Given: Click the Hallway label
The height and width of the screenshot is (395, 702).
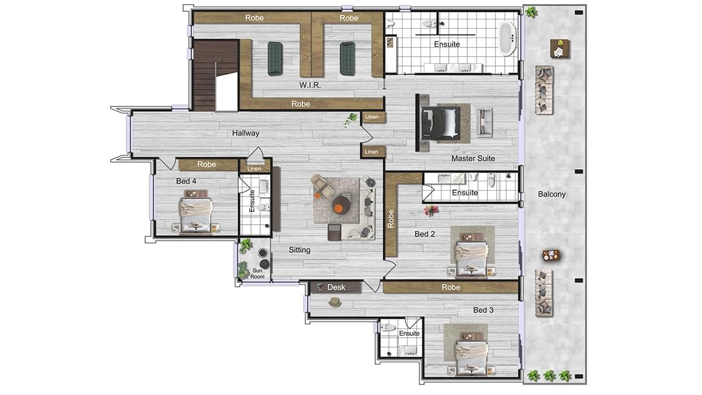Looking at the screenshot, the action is coord(246,133).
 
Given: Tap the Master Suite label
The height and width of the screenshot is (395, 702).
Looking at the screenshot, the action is coord(473,159).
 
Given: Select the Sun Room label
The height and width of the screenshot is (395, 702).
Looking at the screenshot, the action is coord(257,273).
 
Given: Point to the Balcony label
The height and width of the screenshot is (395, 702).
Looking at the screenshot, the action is coord(552,194).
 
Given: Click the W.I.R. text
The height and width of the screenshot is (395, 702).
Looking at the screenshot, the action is coord(310,85).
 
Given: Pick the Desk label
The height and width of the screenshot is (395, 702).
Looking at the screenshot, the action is coord(336,287).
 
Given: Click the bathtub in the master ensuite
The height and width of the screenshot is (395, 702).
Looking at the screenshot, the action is coord(507,38).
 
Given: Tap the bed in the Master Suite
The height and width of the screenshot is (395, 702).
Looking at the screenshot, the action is coord(441,123).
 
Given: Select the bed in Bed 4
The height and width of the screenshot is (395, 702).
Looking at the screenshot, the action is coord(195,217).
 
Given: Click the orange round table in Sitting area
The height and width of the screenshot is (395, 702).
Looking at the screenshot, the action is coord(341,205).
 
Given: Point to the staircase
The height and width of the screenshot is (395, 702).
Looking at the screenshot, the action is coord(215,75).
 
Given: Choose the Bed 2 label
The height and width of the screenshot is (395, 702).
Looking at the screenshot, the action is coord(425,234).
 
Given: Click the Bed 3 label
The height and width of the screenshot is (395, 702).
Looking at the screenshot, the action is coord(483,310).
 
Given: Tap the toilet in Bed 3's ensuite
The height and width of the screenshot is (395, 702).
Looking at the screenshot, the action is coord(388,328).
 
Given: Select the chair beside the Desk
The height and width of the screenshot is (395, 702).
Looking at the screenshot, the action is coord(335,302).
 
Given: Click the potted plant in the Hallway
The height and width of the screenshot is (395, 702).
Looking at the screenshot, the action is coord(350,119).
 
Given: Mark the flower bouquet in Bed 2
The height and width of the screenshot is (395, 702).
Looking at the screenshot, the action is coord(431,211).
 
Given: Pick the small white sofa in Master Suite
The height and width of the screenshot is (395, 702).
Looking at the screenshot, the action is coord(484,122).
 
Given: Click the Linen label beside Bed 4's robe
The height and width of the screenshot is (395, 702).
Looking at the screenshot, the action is coord(254,169).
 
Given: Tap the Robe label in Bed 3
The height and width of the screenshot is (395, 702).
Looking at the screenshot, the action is coord(451,287).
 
